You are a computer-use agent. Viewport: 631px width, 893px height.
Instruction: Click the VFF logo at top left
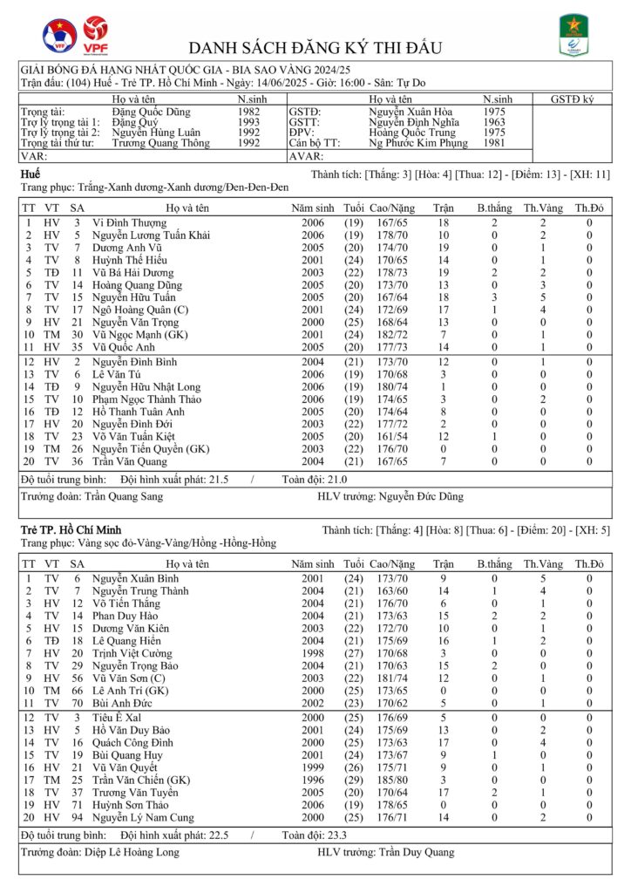click(59, 36)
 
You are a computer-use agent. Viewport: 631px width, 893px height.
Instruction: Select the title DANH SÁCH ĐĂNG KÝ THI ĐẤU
click(315, 47)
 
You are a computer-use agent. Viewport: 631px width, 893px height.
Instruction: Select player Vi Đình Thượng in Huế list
click(129, 223)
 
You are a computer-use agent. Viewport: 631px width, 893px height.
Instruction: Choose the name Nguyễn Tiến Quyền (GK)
click(151, 449)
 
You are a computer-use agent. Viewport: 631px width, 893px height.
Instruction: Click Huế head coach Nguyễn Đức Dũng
click(421, 496)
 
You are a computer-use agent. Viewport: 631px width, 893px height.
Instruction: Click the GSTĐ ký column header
click(572, 99)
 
